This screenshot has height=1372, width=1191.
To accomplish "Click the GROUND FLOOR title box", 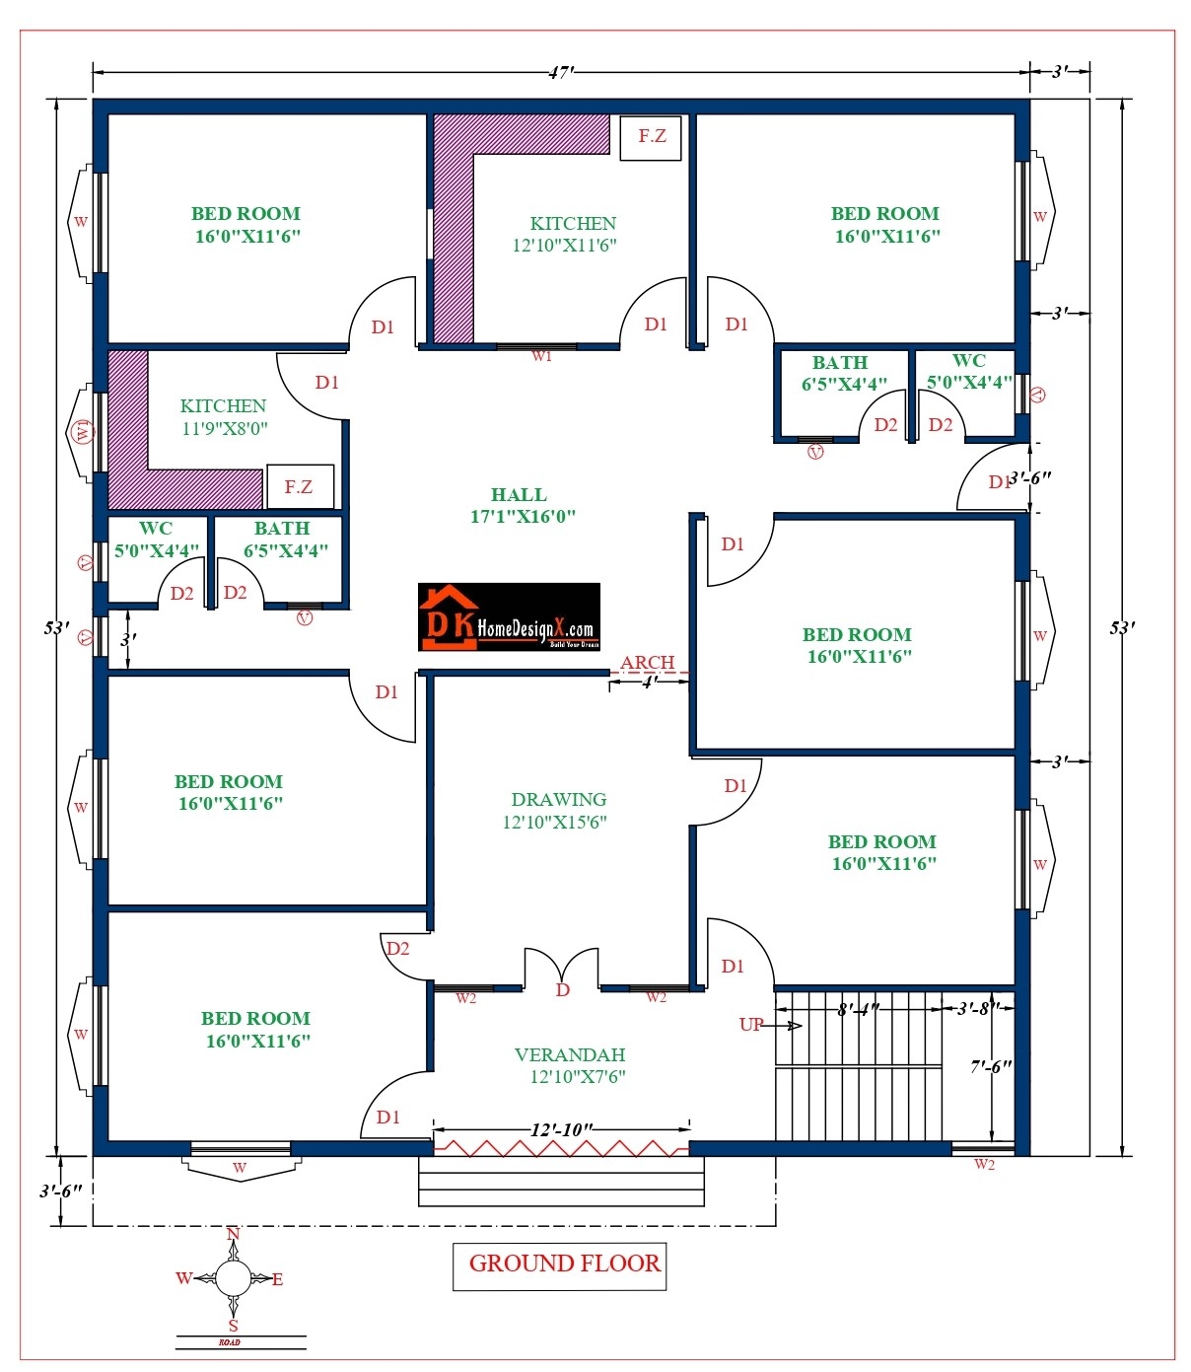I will [559, 1265].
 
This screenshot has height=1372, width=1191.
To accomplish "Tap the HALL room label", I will [519, 495].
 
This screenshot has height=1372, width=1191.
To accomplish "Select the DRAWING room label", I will [558, 800].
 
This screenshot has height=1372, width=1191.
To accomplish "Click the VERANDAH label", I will [570, 1055].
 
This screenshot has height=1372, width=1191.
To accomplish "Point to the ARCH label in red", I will [648, 663].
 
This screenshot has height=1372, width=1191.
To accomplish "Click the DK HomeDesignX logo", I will [509, 617].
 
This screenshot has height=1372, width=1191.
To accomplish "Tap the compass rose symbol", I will [233, 1279].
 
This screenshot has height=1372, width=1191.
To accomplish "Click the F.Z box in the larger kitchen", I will [651, 136].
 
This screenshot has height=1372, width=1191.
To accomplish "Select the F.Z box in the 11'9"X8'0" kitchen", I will [300, 486].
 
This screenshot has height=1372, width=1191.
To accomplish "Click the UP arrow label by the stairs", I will [751, 1025].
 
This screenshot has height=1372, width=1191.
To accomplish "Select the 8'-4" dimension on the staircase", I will [857, 1010].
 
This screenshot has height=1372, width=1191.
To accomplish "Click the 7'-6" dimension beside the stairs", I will [990, 1067].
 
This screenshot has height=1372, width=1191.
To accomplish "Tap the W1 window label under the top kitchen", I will [541, 356].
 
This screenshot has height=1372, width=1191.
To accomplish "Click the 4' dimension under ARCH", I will [649, 683].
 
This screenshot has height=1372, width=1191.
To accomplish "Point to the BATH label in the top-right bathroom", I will [840, 363].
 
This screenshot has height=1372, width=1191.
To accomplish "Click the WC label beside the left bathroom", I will [156, 529].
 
